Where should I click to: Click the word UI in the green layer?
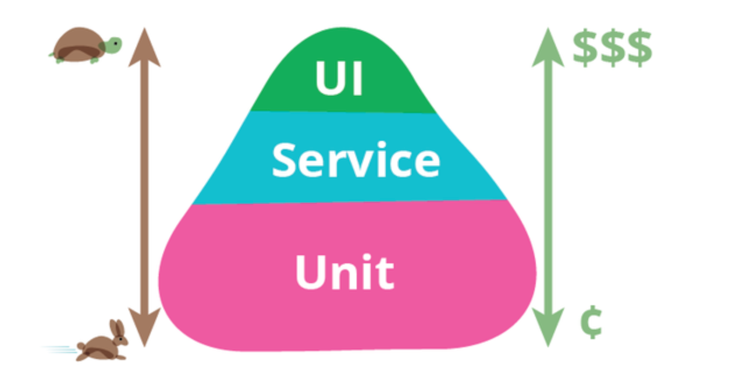(339, 79)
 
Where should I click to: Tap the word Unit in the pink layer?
(344, 271)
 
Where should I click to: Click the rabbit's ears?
(118, 327)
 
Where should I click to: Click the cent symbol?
(591, 322)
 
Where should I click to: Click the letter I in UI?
(357, 79)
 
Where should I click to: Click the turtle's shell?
(78, 43)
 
